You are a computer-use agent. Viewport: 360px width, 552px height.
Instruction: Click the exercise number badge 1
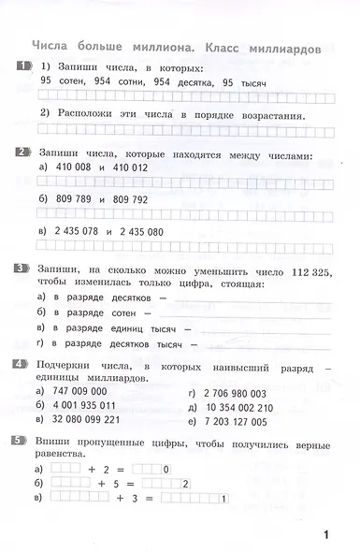[22, 65]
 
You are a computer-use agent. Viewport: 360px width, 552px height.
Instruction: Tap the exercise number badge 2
[22, 152]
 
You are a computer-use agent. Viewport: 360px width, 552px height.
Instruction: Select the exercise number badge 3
[22, 269]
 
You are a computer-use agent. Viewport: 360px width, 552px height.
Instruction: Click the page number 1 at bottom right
[326, 535]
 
